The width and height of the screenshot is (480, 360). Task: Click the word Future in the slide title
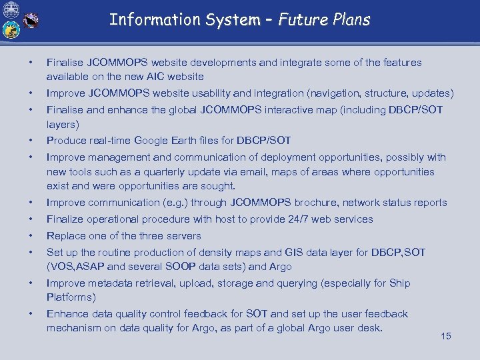coord(301,20)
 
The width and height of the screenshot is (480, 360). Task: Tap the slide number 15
coord(446,336)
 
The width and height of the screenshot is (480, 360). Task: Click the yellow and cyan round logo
coord(10,30)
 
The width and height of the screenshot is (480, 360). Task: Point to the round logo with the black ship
coord(30,21)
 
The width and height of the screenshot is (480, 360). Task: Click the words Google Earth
coord(163,141)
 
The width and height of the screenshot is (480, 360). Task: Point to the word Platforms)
coord(71,297)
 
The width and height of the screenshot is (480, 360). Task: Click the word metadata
coord(108,283)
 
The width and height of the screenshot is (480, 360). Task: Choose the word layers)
coord(63,124)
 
